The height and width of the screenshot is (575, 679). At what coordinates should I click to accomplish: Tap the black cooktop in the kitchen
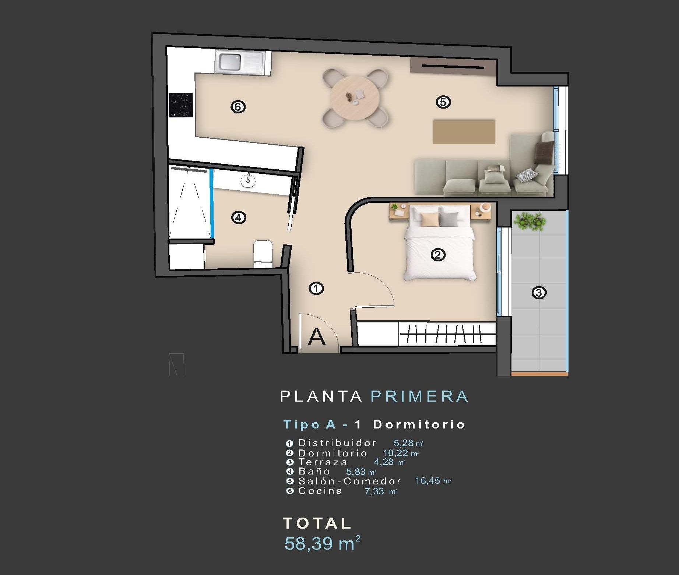pyautogui.click(x=181, y=105)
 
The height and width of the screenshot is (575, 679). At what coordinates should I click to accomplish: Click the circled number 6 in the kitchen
pyautogui.click(x=238, y=107)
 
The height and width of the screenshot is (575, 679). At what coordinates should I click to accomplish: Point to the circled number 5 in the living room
pyautogui.click(x=443, y=102)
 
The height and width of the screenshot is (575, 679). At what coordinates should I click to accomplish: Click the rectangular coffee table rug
pyautogui.click(x=464, y=131)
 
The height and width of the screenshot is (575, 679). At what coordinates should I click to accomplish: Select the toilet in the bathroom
pyautogui.click(x=263, y=253)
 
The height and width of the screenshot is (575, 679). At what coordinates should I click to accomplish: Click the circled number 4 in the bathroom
pyautogui.click(x=238, y=218)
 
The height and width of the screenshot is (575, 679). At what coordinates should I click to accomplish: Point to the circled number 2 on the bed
pyautogui.click(x=438, y=254)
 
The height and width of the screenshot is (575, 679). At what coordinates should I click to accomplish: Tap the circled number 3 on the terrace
pyautogui.click(x=539, y=293)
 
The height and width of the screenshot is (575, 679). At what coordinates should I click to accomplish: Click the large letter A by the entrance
pyautogui.click(x=317, y=336)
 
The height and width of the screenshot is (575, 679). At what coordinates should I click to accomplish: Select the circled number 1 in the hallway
pyautogui.click(x=316, y=288)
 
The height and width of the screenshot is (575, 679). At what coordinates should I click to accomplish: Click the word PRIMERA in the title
pyautogui.click(x=419, y=396)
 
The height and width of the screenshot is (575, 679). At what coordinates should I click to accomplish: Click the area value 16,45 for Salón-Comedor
pyautogui.click(x=428, y=480)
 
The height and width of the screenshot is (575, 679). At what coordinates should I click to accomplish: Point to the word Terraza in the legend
pyautogui.click(x=323, y=462)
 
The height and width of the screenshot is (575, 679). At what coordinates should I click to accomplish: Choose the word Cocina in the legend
pyautogui.click(x=320, y=491)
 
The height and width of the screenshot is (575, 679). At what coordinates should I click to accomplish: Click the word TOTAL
pyautogui.click(x=317, y=523)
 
